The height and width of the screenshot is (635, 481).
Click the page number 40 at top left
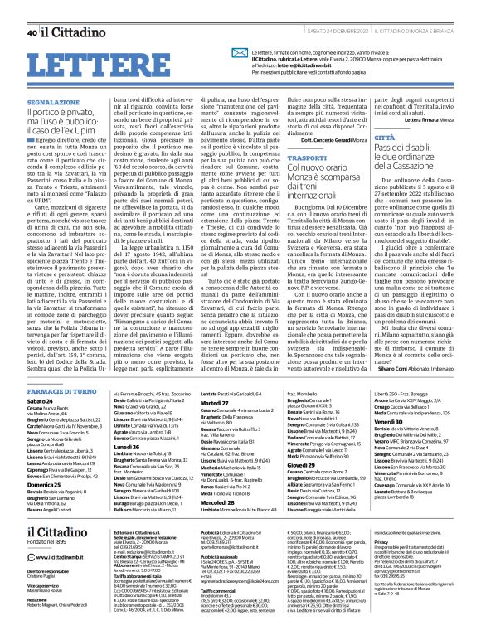point(32,10)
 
